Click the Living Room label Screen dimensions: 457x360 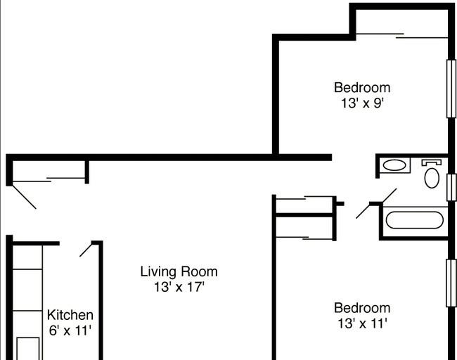[x=179, y=272]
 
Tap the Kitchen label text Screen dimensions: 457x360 [x=70, y=315]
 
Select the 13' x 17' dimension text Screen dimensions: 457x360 [x=179, y=287]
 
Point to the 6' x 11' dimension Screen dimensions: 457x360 [x=70, y=330]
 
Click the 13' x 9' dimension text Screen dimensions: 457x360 [x=362, y=103]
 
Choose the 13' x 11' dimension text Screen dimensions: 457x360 [x=362, y=323]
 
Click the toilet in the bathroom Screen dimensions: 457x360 [x=432, y=174]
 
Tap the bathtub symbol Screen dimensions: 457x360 [x=414, y=220]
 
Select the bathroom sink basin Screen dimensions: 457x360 [x=394, y=165]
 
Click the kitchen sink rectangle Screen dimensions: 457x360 [x=28, y=349]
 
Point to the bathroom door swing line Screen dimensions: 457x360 [x=376, y=203]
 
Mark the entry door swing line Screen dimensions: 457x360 [x=24, y=196]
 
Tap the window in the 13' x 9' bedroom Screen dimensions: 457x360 [x=451, y=89]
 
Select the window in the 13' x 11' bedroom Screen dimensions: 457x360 [x=451, y=283]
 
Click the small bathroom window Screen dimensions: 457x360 [x=451, y=188]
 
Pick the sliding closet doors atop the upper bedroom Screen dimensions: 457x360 [x=402, y=36]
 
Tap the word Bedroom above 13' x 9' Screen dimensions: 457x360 [x=362, y=88]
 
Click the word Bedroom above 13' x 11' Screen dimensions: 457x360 [x=362, y=308]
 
